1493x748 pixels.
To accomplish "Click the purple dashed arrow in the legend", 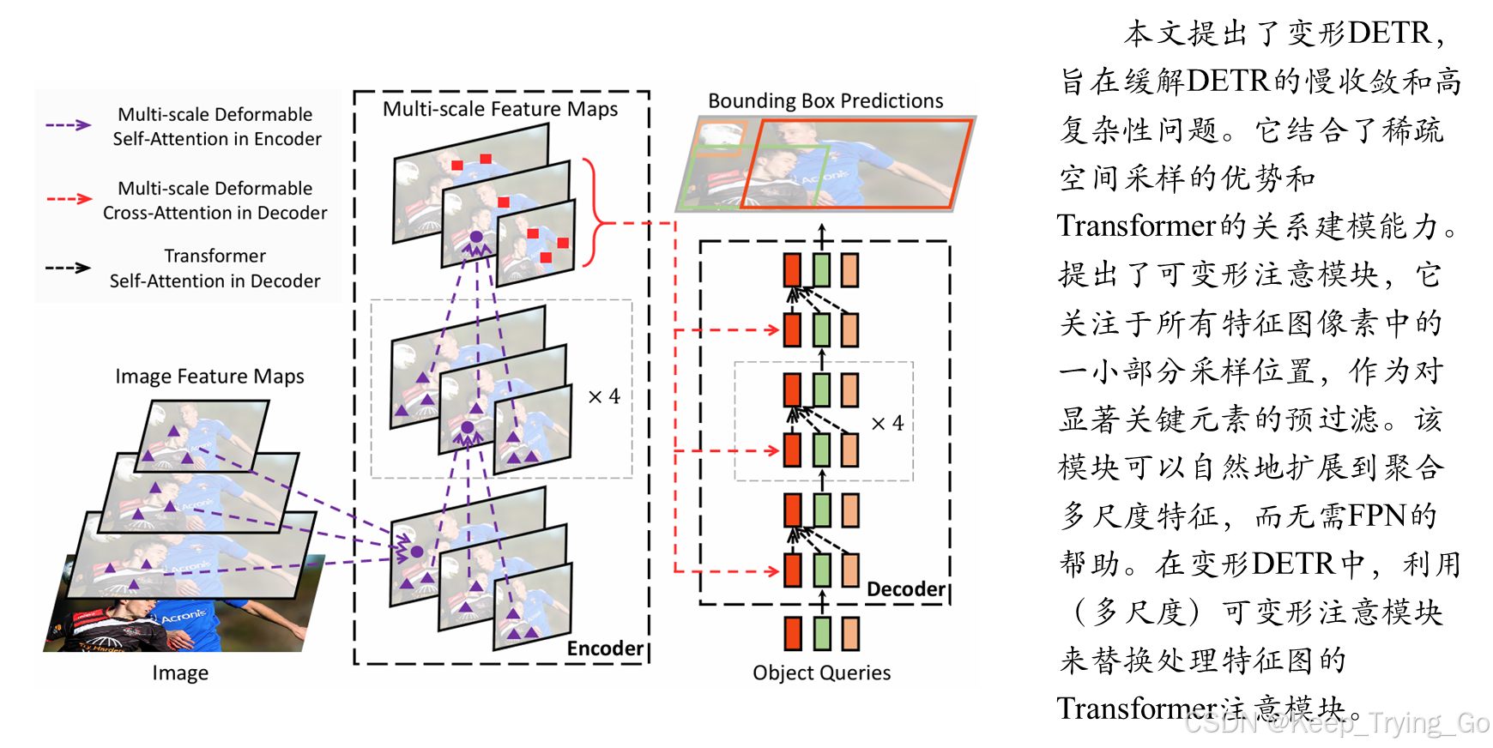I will pyautogui.click(x=69, y=125).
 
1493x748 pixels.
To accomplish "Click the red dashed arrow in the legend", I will pyautogui.click(x=70, y=199).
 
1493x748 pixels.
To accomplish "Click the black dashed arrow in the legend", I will pyautogui.click(x=69, y=268).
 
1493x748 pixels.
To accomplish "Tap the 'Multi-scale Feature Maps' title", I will pyautogui.click(x=500, y=109).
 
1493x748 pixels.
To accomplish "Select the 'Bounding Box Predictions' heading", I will pyautogui.click(x=825, y=101).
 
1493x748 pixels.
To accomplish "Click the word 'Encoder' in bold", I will pyautogui.click(x=604, y=648).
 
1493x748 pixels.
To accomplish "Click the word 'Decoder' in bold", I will pyautogui.click(x=905, y=589).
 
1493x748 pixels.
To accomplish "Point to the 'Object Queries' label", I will pyautogui.click(x=821, y=673).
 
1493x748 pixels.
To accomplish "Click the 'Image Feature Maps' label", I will pyautogui.click(x=209, y=377).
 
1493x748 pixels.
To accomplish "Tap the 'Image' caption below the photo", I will pyautogui.click(x=180, y=673).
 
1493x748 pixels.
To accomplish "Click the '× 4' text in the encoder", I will pyautogui.click(x=604, y=396).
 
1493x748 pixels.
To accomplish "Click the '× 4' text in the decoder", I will pyautogui.click(x=887, y=424).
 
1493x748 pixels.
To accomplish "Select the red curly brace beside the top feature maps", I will pyautogui.click(x=594, y=213).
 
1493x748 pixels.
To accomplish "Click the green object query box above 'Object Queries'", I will pyautogui.click(x=822, y=634).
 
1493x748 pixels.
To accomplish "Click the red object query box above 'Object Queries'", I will pyautogui.click(x=793, y=634).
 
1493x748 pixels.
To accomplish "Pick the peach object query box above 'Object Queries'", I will pyautogui.click(x=850, y=634).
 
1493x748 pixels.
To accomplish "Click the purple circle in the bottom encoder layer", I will pyautogui.click(x=417, y=552).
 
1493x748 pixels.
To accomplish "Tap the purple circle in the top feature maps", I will pyautogui.click(x=476, y=237).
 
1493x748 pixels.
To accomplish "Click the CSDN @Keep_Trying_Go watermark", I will pyautogui.click(x=1334, y=722).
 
